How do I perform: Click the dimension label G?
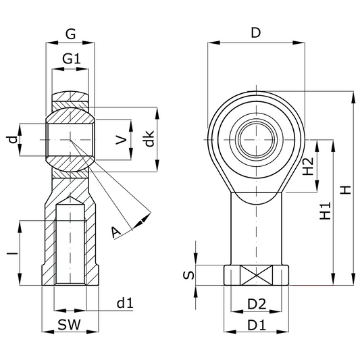(x=70, y=34)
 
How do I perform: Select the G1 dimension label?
(x=72, y=59)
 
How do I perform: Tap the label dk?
(x=149, y=138)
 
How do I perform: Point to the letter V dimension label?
(x=121, y=140)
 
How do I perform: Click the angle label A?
(x=115, y=232)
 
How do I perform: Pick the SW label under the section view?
(x=69, y=325)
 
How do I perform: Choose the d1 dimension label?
(x=125, y=303)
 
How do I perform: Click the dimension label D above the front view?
(x=256, y=32)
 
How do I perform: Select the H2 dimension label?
(x=308, y=166)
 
